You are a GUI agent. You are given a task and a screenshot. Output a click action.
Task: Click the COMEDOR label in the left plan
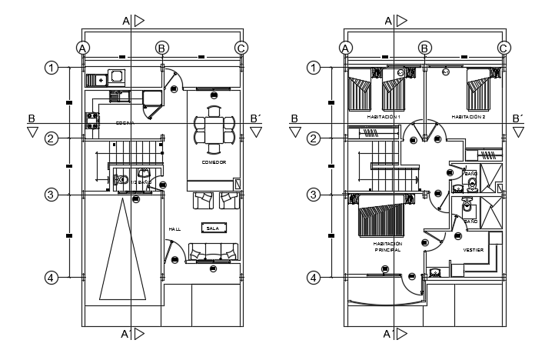[214, 162]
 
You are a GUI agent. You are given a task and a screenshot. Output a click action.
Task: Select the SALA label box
[213, 227]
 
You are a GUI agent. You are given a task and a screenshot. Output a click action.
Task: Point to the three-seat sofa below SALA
[213, 252]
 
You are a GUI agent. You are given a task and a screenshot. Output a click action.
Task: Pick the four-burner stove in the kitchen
[92, 121]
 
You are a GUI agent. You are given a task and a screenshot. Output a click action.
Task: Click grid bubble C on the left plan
[241, 48]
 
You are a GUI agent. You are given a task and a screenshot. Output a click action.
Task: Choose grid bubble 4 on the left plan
[51, 277]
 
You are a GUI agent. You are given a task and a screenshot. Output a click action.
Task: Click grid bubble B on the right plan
[424, 48]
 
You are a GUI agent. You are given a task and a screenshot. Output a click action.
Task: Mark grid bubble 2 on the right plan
[314, 138]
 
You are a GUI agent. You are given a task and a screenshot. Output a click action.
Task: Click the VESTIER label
[473, 250]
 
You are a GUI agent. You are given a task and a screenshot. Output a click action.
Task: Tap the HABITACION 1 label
[384, 117]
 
